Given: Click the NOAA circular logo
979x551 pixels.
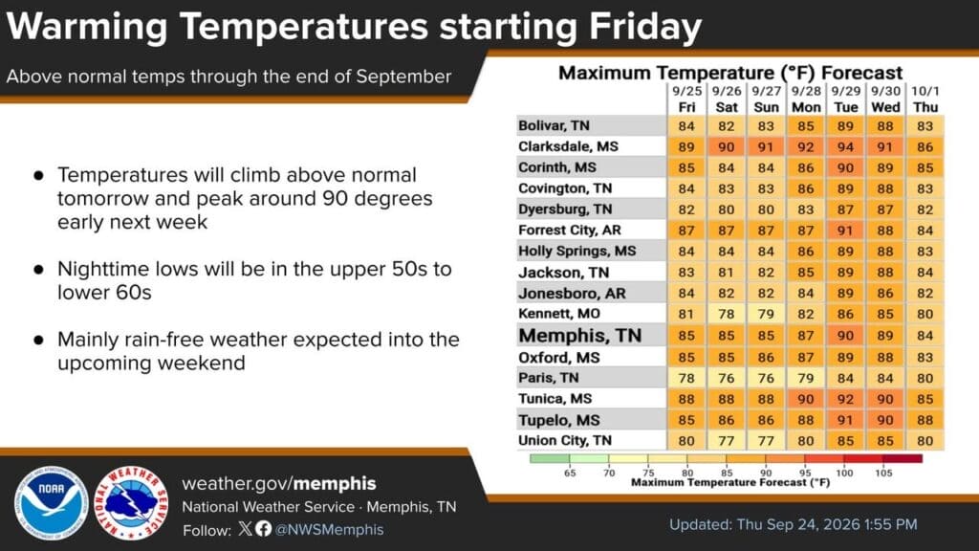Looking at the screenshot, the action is [x=52, y=503].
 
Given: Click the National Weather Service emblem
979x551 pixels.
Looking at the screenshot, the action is [x=131, y=503].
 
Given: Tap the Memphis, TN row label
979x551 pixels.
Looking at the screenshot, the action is [x=579, y=336].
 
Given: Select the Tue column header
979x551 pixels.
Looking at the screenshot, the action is [x=845, y=107].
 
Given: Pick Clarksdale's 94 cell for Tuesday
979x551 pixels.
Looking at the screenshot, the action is [x=845, y=146].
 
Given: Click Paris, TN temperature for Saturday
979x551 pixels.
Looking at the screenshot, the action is [x=727, y=378].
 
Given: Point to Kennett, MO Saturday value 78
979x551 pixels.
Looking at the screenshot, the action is [x=727, y=314].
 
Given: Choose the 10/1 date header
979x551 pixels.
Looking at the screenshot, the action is [x=925, y=91].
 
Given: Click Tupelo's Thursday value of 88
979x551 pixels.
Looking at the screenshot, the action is [x=925, y=420].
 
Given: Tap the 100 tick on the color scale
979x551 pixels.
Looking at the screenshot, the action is [x=844, y=473].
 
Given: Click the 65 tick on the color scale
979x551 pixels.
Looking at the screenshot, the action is [x=570, y=473].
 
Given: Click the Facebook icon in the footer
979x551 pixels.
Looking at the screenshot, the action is [x=264, y=528].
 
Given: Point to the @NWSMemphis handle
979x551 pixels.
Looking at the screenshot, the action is [x=329, y=530].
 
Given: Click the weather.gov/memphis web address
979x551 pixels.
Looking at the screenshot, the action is [x=279, y=483].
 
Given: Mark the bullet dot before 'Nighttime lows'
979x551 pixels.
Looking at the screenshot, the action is [x=38, y=270].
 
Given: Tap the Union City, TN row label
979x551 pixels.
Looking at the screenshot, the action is [x=564, y=440].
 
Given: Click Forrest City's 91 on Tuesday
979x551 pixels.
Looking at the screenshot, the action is [x=845, y=231].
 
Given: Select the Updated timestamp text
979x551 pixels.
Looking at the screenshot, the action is [x=793, y=524].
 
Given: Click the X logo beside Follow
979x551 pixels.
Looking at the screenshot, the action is [x=246, y=528].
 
